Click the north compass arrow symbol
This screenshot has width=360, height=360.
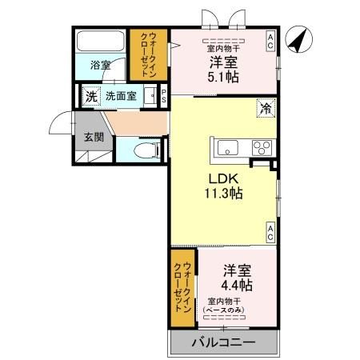(299, 40)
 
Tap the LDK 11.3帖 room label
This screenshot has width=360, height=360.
(226, 185)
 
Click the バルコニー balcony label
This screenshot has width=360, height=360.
(223, 342)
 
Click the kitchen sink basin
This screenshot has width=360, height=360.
(226, 146)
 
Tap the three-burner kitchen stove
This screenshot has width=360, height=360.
(261, 146)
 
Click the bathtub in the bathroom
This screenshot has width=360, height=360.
(100, 42)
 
